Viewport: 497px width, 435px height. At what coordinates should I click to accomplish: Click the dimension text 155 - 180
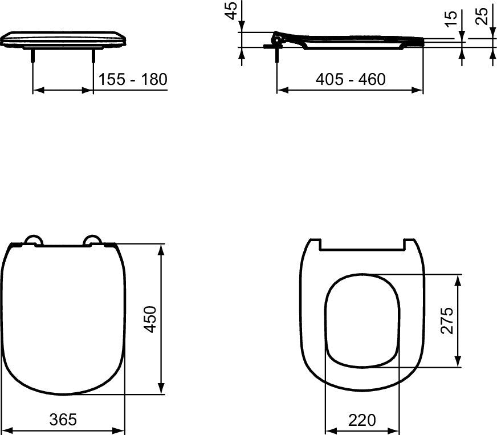pyautogui.click(x=133, y=79)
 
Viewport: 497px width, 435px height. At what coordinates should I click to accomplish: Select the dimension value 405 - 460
pyautogui.click(x=351, y=79)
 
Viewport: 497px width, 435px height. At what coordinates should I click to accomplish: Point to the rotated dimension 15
pyautogui.click(x=450, y=18)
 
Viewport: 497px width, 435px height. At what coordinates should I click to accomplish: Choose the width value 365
pyautogui.click(x=63, y=420)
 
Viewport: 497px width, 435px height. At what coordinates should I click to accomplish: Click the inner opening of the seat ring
pyautogui.click(x=362, y=319)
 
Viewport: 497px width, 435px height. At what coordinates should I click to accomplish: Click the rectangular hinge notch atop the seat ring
pyautogui.click(x=362, y=245)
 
